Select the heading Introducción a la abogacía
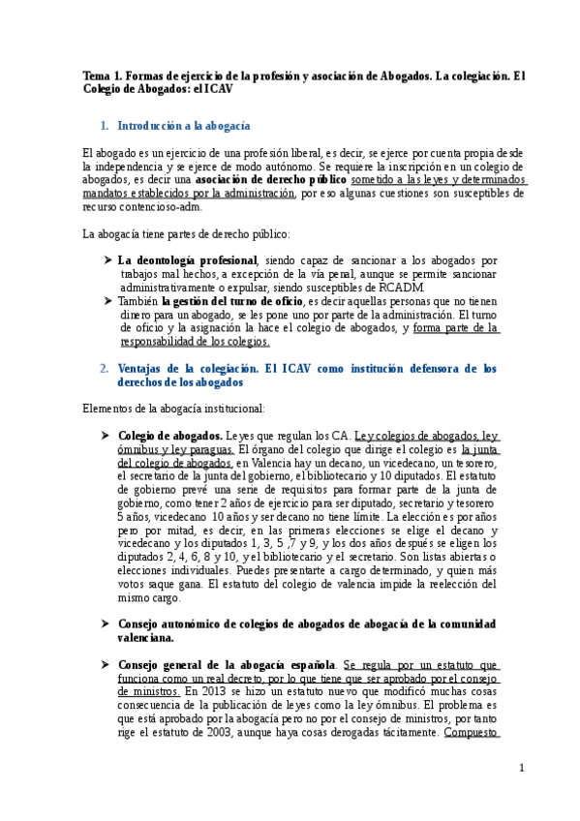pos(184,126)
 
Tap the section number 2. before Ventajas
pos(105,369)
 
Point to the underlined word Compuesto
pos(471,733)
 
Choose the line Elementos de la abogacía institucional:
pos(167,408)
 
